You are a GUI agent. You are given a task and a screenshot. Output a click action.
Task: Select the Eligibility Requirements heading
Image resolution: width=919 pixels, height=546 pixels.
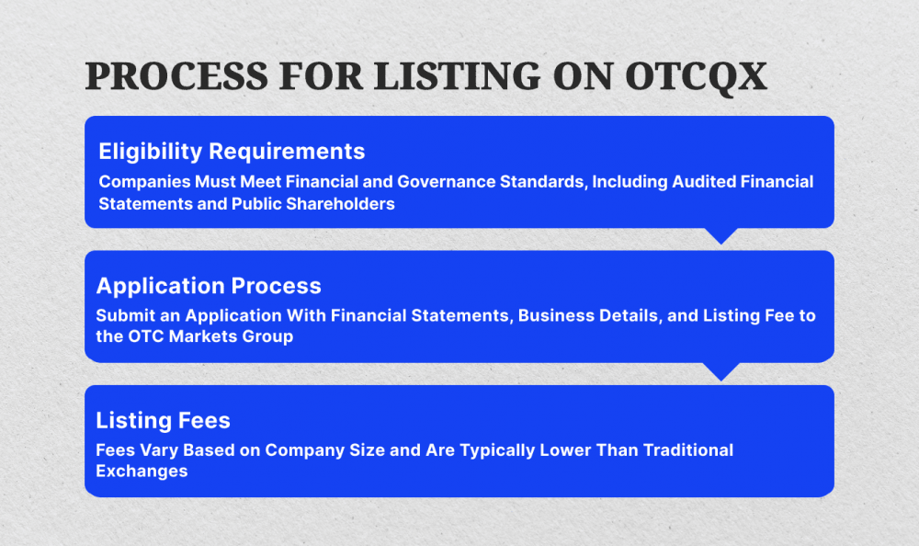pyautogui.click(x=232, y=151)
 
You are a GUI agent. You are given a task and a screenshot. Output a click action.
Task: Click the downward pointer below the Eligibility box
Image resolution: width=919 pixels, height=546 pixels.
pyautogui.click(x=720, y=235)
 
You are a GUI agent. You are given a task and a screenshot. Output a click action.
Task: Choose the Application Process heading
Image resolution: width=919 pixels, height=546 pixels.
pyautogui.click(x=209, y=286)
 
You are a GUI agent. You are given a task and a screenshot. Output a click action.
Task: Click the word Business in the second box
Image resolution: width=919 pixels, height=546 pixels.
pyautogui.click(x=556, y=315)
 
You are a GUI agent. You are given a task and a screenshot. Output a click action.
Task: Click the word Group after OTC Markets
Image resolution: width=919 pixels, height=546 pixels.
pyautogui.click(x=268, y=337)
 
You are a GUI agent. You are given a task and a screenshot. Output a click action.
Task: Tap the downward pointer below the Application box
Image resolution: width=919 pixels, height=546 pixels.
pyautogui.click(x=720, y=370)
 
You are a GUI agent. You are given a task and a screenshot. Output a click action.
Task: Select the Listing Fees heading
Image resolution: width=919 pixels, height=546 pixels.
pyautogui.click(x=163, y=420)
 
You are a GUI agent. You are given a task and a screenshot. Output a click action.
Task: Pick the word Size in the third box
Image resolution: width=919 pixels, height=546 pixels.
pyautogui.click(x=378, y=450)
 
